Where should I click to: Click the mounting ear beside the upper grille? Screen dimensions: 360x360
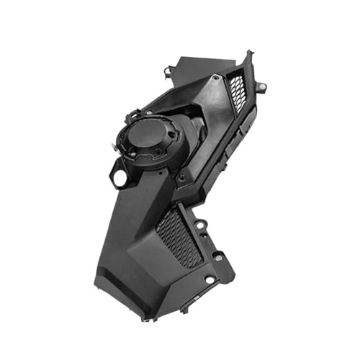click(x=261, y=87)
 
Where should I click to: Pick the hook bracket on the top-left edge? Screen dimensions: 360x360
click(x=168, y=70)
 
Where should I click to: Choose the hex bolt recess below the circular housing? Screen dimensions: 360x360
click(x=181, y=177)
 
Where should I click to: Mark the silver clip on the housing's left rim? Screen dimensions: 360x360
click(x=114, y=144)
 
